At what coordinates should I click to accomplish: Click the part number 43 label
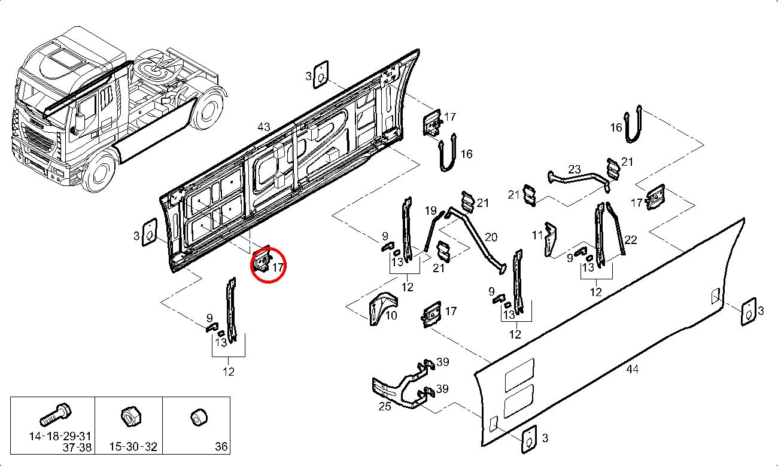coord(263,127)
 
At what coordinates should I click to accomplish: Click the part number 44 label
coord(632,369)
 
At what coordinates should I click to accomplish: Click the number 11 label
coord(537,235)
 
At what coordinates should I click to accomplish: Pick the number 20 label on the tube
coord(491,237)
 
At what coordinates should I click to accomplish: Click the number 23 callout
coord(574,169)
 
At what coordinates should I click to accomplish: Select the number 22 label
coord(631,240)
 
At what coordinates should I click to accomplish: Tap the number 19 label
coord(431,211)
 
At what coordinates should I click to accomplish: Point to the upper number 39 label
coord(442,362)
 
